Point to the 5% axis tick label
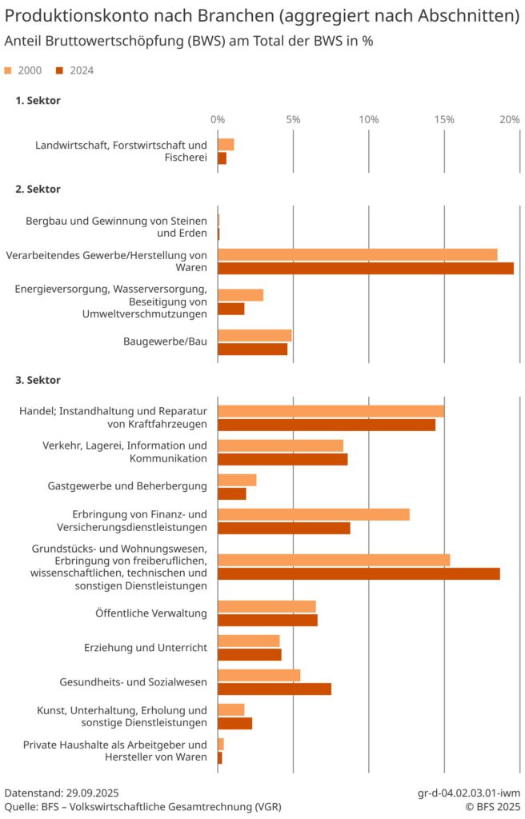pos(293,119)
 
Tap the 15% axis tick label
pos(444,119)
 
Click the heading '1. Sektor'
pos(38,101)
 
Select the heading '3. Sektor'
pos(38,380)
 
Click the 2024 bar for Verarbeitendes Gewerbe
pos(366,268)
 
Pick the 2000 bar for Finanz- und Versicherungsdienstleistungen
pos(314,514)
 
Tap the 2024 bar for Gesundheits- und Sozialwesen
pos(275,689)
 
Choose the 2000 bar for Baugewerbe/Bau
pos(254,335)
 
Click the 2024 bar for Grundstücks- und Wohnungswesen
pos(359,573)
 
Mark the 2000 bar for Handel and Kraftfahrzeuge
pos(331,411)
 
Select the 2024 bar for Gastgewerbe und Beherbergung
pos(232,493)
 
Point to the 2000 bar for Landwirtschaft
pos(226,145)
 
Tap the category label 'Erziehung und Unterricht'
pos(146,648)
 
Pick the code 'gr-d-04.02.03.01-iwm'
pos(469,793)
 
